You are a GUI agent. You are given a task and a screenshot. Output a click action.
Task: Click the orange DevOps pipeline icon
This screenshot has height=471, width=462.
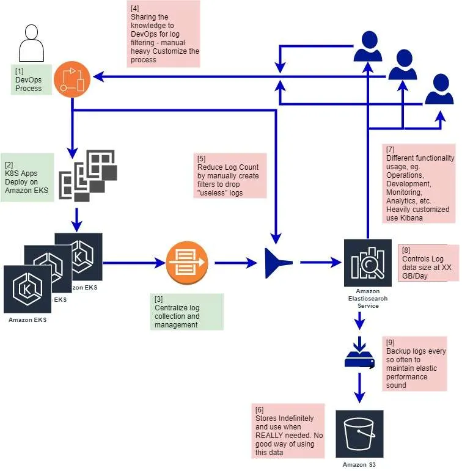tap(72, 78)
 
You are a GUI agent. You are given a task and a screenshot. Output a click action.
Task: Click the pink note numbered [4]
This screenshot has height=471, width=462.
tap(164, 34)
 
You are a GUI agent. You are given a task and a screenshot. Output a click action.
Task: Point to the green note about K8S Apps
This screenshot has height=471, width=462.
tap(28, 177)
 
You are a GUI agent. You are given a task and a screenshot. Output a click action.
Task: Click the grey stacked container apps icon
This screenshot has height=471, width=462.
tap(87, 175)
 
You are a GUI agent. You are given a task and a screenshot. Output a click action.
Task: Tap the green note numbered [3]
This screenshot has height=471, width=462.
tap(186, 312)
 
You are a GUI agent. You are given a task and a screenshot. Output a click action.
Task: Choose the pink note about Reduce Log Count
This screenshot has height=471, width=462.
tap(230, 176)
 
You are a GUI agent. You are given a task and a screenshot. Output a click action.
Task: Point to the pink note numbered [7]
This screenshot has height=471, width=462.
tap(420, 183)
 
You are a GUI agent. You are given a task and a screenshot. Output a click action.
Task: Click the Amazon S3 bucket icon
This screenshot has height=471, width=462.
tap(359, 434)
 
